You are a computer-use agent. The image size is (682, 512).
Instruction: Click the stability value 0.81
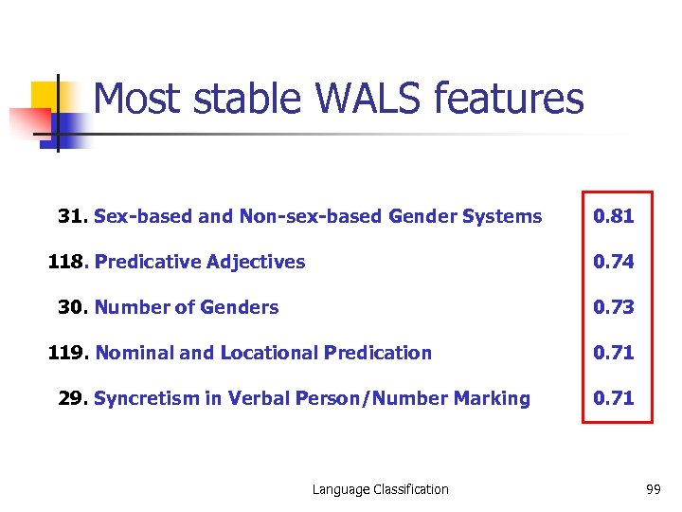(613, 216)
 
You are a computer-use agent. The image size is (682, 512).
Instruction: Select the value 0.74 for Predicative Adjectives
(613, 262)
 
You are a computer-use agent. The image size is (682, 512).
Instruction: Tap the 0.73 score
(613, 307)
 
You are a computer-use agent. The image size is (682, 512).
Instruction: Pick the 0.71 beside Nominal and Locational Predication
(613, 353)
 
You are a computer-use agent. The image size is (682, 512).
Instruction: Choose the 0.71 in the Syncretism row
(613, 398)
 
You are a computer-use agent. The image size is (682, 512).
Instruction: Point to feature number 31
(72, 216)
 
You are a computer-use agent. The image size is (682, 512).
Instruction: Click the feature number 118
(67, 262)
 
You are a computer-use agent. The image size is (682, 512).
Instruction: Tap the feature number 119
(67, 353)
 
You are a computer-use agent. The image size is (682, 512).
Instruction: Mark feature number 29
(72, 398)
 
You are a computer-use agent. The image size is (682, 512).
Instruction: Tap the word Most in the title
(133, 99)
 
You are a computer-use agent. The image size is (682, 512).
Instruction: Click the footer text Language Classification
(381, 489)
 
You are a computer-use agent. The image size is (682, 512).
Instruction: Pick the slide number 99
(653, 489)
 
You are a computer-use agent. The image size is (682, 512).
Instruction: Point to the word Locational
(268, 353)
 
